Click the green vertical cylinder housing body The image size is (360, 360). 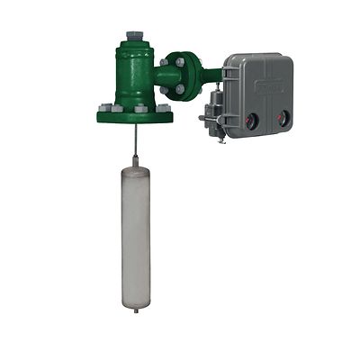point(134,76)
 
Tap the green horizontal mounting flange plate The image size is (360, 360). point(135,114)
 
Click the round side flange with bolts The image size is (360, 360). point(179,76)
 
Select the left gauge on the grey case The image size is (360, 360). point(253,117)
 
